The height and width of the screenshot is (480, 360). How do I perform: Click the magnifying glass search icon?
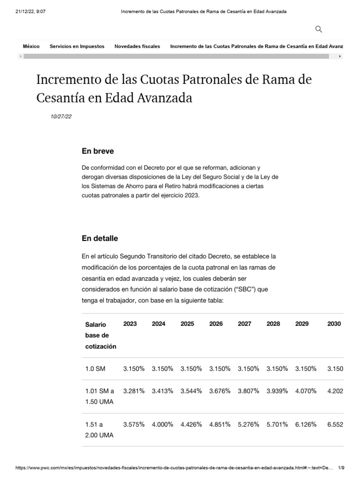pos(319,30)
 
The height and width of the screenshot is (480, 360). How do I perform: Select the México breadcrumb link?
pos(31,46)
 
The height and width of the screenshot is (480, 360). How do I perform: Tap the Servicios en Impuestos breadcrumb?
pos(77,46)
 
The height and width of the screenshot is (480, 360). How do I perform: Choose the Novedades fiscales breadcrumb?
pos(137,46)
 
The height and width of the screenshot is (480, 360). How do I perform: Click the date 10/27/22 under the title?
pos(61,117)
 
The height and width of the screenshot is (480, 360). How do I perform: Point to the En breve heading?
pos(97,151)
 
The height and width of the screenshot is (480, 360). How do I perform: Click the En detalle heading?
pos(99,238)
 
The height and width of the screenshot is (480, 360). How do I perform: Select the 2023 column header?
pos(130,324)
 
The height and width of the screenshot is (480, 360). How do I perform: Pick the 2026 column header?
pos(216,324)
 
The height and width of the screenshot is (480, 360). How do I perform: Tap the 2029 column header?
pos(302,324)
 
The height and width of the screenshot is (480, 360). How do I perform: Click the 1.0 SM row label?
pos(95,369)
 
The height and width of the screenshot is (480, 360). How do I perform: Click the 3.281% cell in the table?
pos(134,391)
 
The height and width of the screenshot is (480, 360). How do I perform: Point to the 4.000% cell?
pos(162,424)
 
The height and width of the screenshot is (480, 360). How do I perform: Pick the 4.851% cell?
pos(219,424)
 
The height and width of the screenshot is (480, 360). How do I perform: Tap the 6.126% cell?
pos(306,424)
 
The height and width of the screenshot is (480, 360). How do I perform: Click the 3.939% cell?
pos(277,391)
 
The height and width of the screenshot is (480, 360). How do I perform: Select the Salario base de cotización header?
pos(100,335)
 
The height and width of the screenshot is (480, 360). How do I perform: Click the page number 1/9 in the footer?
pos(341,468)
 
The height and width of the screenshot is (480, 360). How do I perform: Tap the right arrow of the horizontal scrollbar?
pos(340,56)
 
